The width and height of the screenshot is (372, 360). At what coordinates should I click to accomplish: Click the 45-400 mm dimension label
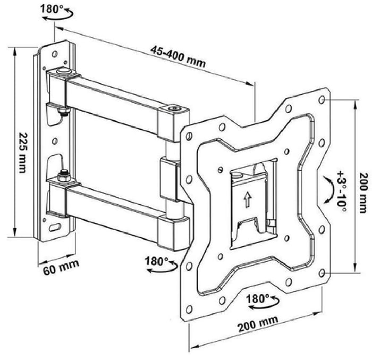tap(178, 57)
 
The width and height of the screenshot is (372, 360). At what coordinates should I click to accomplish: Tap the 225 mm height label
tap(23, 153)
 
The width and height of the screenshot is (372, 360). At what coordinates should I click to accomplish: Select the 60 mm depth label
tap(61, 267)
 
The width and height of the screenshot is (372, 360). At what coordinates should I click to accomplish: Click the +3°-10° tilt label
tap(342, 191)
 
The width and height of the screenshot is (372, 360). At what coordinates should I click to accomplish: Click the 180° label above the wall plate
tap(52, 9)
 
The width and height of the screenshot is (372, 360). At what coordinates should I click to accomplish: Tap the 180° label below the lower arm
tap(156, 261)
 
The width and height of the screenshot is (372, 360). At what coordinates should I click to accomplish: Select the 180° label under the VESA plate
tap(258, 298)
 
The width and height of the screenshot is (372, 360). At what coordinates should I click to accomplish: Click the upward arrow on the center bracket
tap(248, 199)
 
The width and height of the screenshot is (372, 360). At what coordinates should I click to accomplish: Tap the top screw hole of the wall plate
tap(55, 54)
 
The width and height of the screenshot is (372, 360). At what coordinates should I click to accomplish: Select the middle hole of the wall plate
tap(55, 141)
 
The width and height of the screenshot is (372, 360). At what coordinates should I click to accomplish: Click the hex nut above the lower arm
tap(64, 176)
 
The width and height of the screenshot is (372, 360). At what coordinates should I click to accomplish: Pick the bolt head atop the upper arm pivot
tap(64, 71)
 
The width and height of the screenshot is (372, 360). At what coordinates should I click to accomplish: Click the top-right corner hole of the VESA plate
tap(322, 99)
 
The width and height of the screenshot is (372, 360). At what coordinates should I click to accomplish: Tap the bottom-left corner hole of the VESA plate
tap(189, 309)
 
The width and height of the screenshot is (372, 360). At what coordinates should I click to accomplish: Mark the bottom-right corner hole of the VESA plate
tap(322, 273)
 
